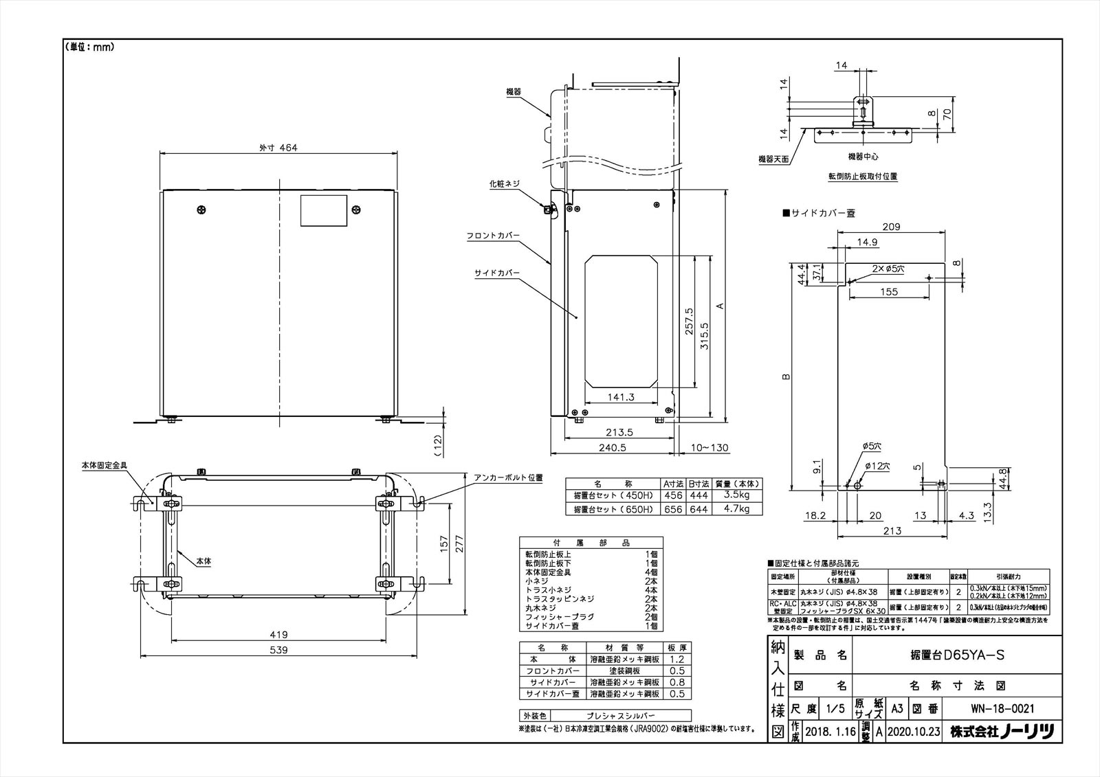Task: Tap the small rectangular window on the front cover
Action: point(324,210)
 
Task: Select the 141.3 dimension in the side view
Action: point(621,397)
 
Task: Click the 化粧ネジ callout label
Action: point(505,183)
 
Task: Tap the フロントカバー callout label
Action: point(493,236)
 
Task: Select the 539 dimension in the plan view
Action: point(278,649)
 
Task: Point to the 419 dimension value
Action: point(278,634)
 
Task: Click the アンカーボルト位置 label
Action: point(508,477)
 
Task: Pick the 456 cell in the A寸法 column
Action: point(672,495)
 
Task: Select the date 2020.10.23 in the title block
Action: point(913,732)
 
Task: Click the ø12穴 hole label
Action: point(877,466)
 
